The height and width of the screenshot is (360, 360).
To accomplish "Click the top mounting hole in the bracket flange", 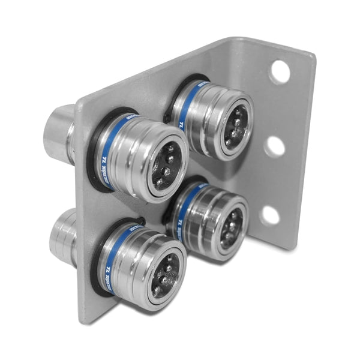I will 280,71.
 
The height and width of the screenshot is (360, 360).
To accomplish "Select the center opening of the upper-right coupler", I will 235,125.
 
